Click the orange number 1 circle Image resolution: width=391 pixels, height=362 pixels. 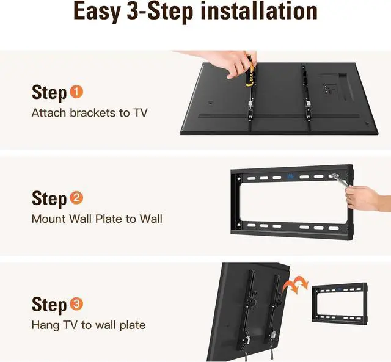click(x=76, y=92)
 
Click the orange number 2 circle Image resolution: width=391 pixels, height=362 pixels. click(x=77, y=198)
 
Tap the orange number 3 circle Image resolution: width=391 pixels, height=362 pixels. click(x=77, y=303)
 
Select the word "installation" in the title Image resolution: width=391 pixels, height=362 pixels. click(x=259, y=12)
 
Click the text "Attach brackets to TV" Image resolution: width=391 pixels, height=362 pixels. click(x=89, y=113)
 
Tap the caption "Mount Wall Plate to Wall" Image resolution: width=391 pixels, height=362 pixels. click(x=97, y=219)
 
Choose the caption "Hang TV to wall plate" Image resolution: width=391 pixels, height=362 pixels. click(x=89, y=325)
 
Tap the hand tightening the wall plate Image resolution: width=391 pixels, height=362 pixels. click(x=365, y=198)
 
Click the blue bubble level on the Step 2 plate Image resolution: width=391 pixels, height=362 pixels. click(x=292, y=176)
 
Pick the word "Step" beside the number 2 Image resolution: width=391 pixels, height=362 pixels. click(x=49, y=199)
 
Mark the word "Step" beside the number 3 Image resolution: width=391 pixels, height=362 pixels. click(x=49, y=305)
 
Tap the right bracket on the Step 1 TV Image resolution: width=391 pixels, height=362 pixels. click(x=308, y=98)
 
